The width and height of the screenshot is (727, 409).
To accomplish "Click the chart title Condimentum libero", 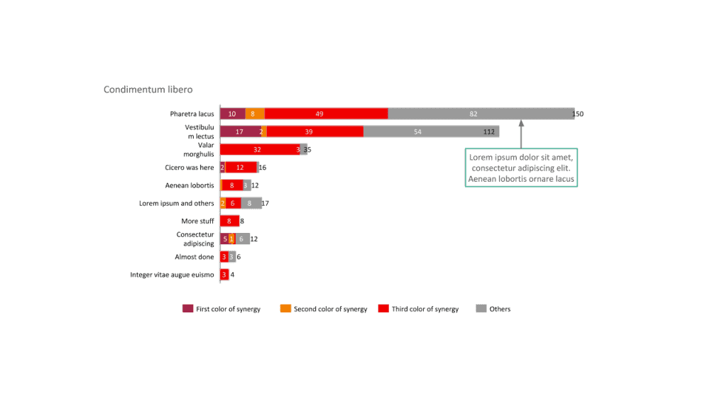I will [148, 89].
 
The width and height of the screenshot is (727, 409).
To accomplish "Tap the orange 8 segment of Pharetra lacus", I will [254, 114].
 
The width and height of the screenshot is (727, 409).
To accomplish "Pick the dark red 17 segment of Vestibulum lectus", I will [240, 131].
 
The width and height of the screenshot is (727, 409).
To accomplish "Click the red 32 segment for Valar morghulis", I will [257, 150].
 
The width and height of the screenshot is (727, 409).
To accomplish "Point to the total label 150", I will [578, 114].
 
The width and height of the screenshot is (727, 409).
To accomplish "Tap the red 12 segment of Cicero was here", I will [240, 168].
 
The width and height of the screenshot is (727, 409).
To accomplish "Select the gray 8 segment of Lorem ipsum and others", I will [250, 203].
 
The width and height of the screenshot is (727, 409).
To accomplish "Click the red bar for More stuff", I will [229, 221].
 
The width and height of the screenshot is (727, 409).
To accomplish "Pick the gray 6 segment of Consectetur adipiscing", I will [242, 239].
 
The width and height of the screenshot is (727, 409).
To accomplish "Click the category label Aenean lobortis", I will [190, 185].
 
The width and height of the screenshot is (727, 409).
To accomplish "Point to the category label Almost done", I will [195, 257].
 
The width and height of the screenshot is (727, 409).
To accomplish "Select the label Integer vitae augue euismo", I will [172, 275].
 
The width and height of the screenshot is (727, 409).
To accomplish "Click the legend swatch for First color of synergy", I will [187, 309].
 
